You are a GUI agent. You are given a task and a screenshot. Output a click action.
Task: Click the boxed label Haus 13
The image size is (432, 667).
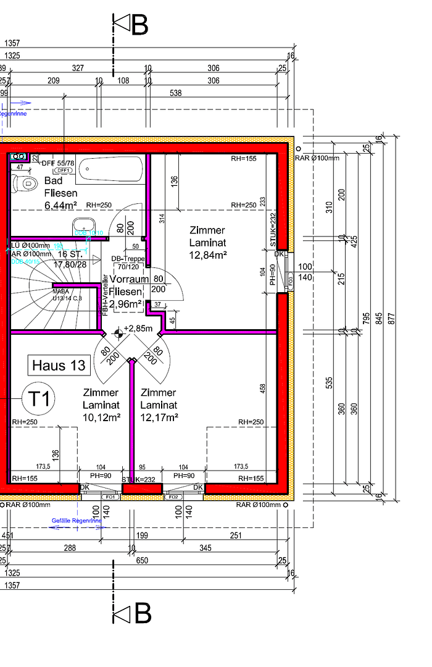tap(59, 366)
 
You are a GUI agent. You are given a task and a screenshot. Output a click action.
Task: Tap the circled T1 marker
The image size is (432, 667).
tap(38, 398)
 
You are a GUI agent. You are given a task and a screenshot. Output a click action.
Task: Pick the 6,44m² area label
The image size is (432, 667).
tap(60, 205)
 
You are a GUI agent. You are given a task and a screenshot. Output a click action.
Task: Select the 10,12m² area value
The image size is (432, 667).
tap(101, 417)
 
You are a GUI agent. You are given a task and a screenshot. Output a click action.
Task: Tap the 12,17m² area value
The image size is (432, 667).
tap(159, 417)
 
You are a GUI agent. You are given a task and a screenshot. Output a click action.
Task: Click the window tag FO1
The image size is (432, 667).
tap(111, 497)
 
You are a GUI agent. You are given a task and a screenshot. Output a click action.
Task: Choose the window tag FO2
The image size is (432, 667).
tap(173, 497)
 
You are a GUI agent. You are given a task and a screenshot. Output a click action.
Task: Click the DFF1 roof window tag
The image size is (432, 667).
tap(64, 170)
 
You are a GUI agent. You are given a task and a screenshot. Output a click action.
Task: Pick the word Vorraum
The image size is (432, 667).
tap(126, 280)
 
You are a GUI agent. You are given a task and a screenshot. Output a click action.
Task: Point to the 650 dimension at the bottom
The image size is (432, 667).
tap(142, 560)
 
